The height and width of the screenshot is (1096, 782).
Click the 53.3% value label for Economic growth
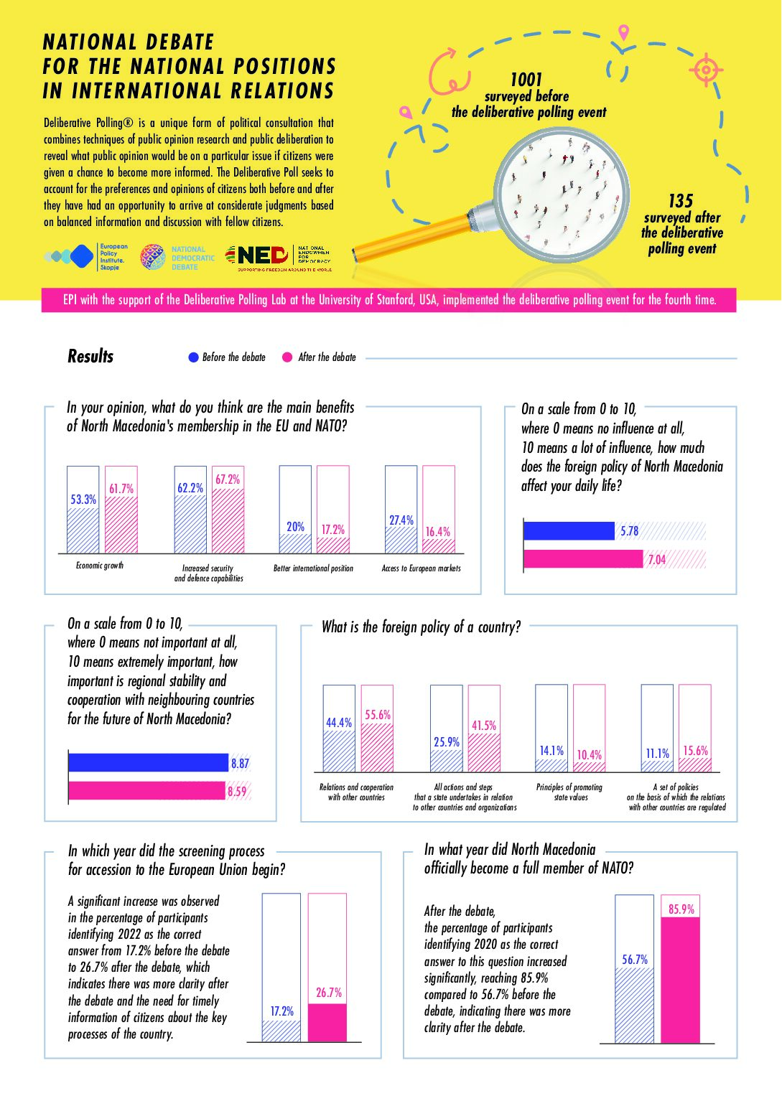83,499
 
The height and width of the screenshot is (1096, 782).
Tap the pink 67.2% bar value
228,479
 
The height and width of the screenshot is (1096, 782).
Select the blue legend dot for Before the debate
193,357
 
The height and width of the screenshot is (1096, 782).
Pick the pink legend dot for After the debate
287,357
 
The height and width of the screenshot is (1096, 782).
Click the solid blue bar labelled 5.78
569,531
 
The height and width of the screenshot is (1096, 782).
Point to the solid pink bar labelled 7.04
583,558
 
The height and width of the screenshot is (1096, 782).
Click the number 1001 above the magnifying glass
526,79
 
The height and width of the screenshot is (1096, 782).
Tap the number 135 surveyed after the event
681,200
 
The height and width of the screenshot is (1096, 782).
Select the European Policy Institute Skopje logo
86,256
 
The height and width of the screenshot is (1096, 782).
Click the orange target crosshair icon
706,70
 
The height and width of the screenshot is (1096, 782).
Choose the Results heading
90,356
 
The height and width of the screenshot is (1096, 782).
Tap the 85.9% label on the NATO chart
681,909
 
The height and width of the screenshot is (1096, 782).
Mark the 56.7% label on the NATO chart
635,960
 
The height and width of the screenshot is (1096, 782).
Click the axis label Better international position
313,568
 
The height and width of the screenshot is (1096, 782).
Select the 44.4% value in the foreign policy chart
339,722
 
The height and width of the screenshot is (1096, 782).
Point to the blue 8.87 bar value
240,763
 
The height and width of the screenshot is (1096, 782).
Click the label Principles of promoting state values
569,792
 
